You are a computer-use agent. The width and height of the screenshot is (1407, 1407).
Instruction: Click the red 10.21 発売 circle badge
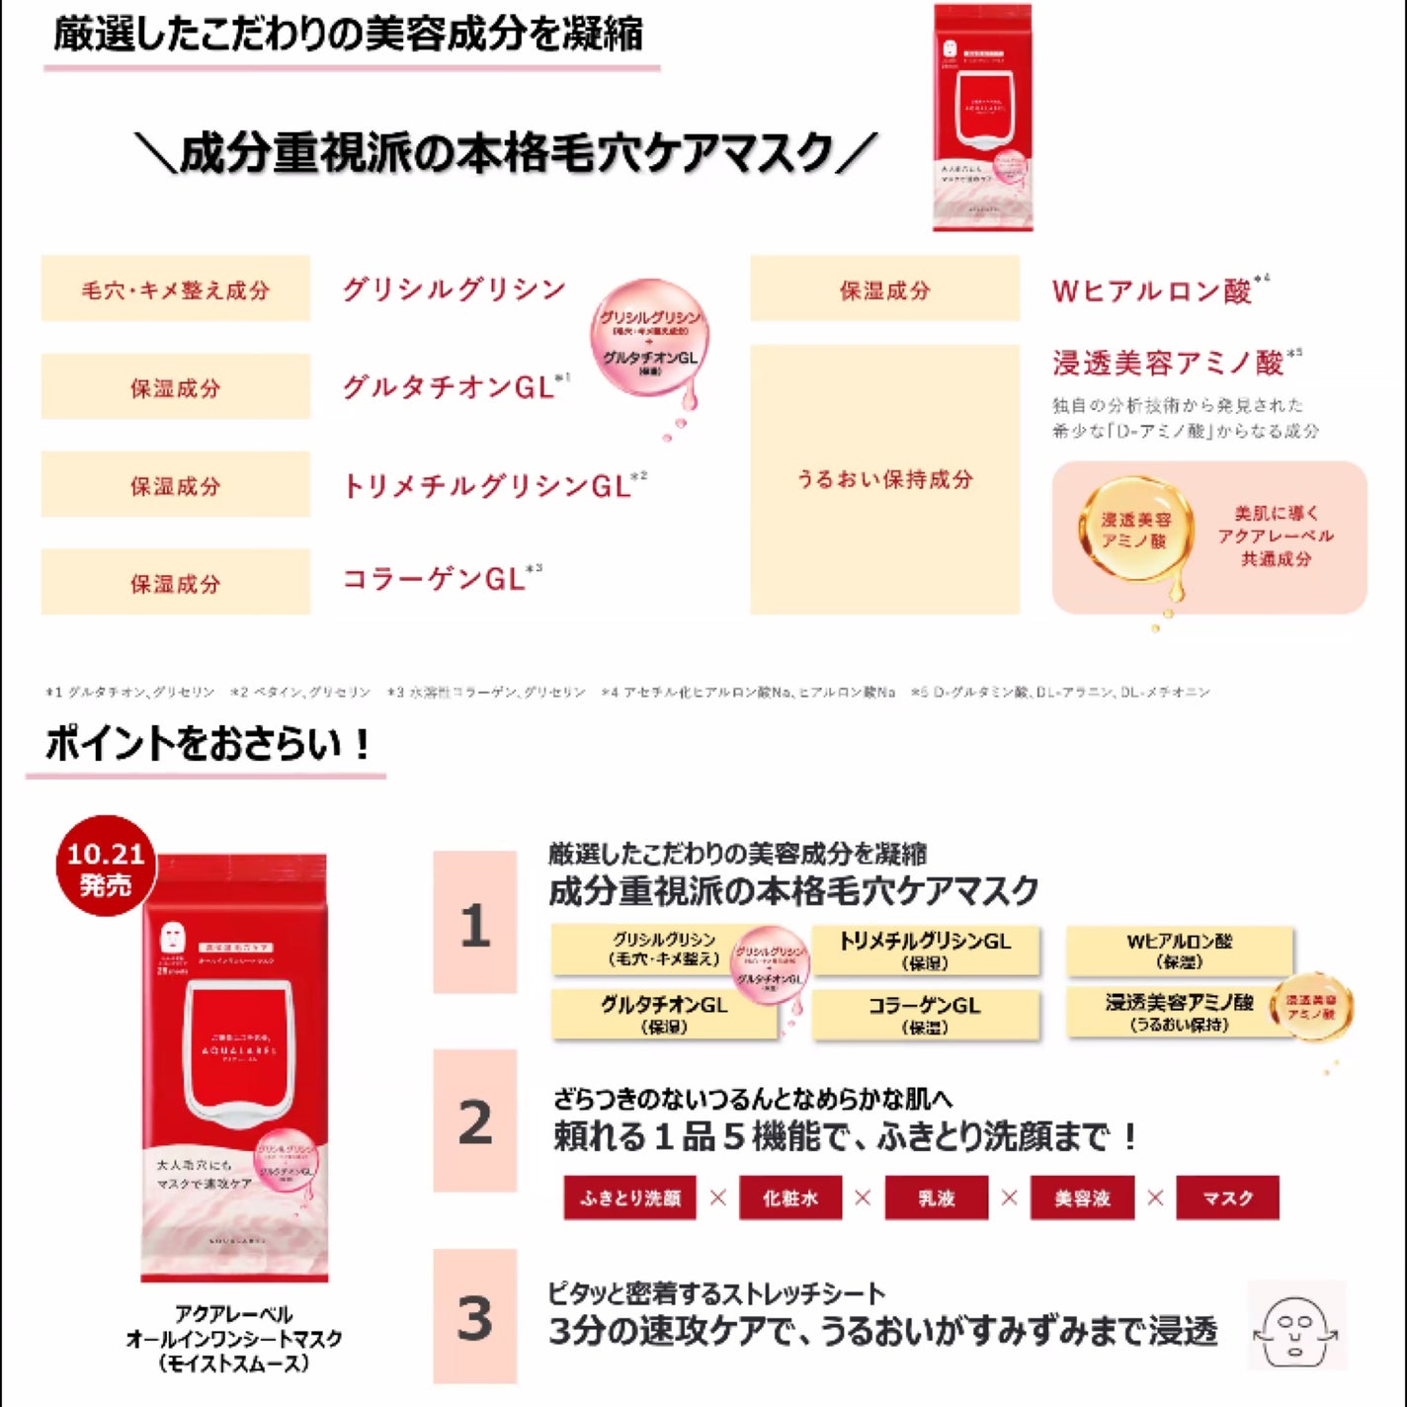click(x=106, y=867)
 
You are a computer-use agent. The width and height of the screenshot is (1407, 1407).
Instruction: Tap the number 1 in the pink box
click(x=475, y=924)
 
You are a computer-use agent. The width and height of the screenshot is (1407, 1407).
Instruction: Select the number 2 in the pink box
click(x=475, y=1121)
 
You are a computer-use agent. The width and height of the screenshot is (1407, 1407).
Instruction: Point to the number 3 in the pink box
click(x=475, y=1317)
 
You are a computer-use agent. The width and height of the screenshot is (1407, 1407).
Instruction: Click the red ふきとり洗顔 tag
click(x=630, y=1198)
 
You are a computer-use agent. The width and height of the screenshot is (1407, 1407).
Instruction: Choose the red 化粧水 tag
click(x=790, y=1198)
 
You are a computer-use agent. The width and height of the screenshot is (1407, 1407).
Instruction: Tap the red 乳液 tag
click(x=936, y=1198)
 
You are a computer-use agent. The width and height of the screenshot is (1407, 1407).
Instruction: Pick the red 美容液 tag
click(x=1082, y=1198)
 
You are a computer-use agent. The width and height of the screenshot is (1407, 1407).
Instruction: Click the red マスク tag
click(x=1228, y=1198)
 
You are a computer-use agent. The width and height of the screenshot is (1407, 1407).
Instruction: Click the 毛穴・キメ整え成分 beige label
click(x=176, y=290)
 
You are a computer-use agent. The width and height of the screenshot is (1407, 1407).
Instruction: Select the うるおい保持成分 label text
click(x=884, y=480)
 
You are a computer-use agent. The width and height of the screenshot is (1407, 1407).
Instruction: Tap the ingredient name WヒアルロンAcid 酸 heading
click(x=1152, y=291)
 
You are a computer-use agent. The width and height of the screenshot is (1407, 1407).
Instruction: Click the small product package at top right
click(x=983, y=119)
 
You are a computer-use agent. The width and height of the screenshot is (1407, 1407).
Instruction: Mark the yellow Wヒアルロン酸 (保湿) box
click(x=1179, y=950)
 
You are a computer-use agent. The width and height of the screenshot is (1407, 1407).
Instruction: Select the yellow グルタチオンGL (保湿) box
click(x=663, y=1014)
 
